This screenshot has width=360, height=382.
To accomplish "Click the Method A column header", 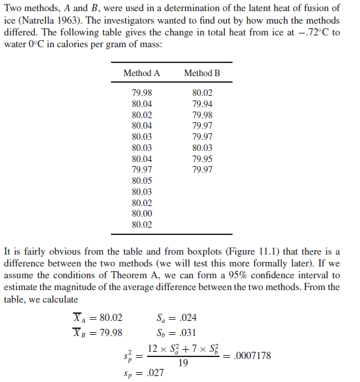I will (x=141, y=73).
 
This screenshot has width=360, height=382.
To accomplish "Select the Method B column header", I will (x=202, y=73).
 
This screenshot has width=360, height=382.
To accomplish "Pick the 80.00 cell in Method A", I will (x=141, y=213).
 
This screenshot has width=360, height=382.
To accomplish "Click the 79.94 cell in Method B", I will (x=202, y=104).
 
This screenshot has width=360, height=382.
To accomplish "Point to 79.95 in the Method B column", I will (x=202, y=159).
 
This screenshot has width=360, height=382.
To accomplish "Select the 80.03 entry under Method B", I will (x=202, y=148).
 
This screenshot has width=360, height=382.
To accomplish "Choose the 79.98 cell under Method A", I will (x=141, y=93).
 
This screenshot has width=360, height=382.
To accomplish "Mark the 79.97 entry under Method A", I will (x=141, y=169).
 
